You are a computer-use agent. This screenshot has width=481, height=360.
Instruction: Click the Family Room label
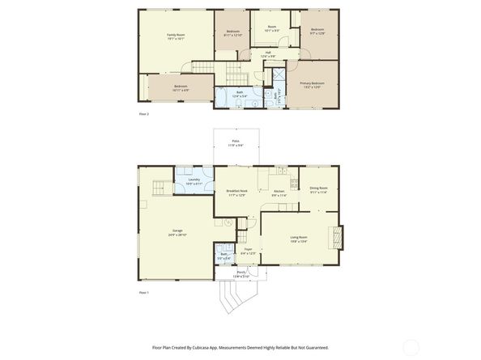point(175,36)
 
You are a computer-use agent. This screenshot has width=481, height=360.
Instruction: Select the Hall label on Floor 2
point(268,53)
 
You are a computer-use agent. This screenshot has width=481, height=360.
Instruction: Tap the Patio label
point(235,142)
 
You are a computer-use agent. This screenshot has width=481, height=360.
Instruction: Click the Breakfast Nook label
point(236,192)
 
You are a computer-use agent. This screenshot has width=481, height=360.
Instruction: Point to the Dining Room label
point(318,190)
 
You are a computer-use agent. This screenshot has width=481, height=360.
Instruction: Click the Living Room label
point(299,238)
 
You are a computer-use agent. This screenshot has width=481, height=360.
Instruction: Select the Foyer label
point(248,250)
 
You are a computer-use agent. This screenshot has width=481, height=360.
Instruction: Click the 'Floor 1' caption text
point(144,292)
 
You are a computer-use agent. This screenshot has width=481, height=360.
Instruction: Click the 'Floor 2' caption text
point(144,114)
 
